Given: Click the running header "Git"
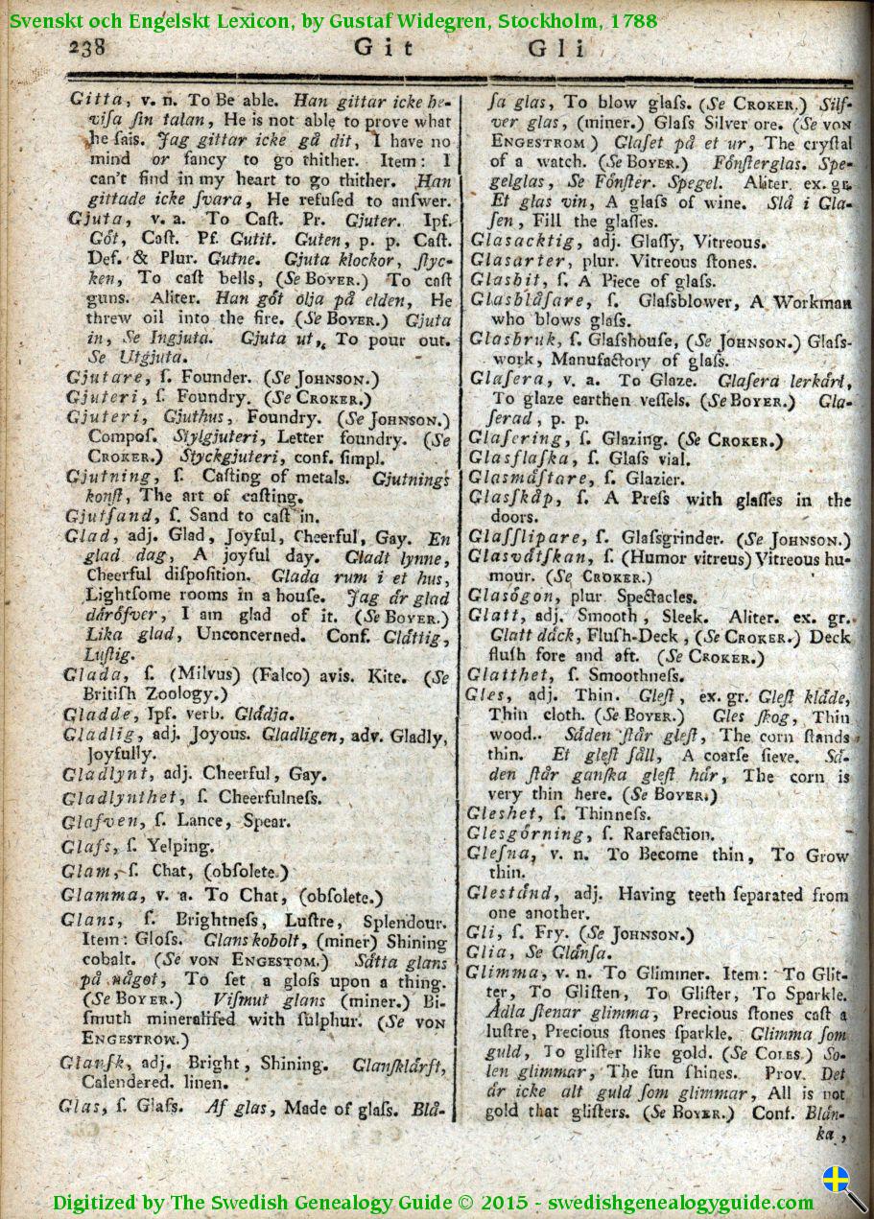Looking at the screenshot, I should pyautogui.click(x=384, y=48).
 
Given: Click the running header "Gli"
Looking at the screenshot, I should pyautogui.click(x=557, y=49).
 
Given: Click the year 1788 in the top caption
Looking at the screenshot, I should pyautogui.click(x=630, y=19).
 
